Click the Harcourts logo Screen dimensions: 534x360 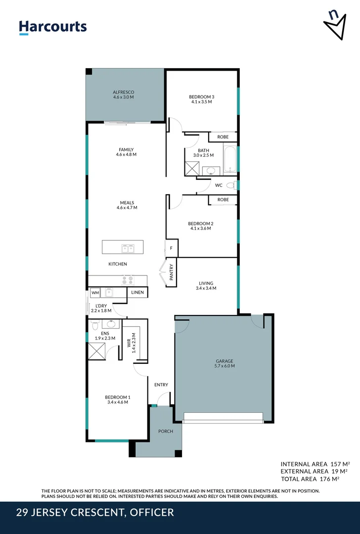52,27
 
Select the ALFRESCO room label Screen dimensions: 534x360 123,92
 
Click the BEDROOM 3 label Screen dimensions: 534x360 201,96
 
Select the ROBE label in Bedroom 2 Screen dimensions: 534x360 223,200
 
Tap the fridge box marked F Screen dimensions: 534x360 171,248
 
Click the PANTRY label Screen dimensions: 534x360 172,272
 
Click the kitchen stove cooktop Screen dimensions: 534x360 128,279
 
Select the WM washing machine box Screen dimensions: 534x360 95,293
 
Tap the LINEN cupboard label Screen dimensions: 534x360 137,293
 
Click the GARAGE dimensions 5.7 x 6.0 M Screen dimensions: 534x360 224,366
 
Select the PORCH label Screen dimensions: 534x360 166,431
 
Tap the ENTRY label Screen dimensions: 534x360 161,385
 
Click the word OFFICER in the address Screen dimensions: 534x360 152,512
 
